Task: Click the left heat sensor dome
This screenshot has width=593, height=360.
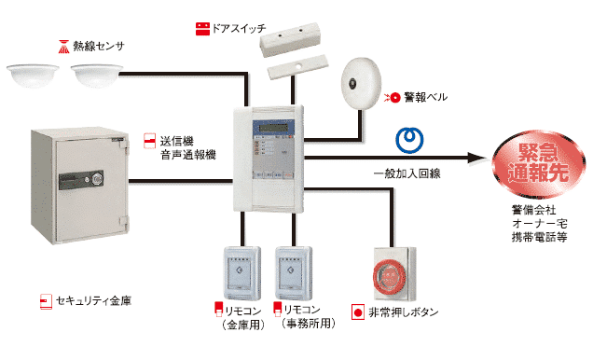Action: coord(33,76)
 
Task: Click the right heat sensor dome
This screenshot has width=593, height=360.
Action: coord(97,76)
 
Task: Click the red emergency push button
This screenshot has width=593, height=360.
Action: coord(390,275)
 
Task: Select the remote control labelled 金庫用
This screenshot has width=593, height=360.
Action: coord(242,272)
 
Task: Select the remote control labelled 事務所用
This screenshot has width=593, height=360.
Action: coord(294,272)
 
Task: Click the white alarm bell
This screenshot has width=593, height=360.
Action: coord(361,84)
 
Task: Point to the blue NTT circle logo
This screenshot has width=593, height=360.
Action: coord(409,140)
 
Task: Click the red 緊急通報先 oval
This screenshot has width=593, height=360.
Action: coord(538,164)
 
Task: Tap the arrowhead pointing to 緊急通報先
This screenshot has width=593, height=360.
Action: coord(476,158)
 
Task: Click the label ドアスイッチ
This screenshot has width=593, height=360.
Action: coord(239,29)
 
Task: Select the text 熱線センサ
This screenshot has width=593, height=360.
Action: coord(98,46)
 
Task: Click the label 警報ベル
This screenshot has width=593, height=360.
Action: coord(425,97)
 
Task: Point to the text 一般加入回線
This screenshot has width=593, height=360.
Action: coord(407,173)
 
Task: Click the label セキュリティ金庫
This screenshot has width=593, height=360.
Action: coord(94,301)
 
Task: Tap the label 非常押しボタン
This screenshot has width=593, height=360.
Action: coord(404,312)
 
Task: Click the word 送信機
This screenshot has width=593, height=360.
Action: coord(176,141)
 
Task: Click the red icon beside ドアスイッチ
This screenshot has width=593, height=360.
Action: coord(202,29)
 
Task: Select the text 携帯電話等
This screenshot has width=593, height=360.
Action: coord(539,237)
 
